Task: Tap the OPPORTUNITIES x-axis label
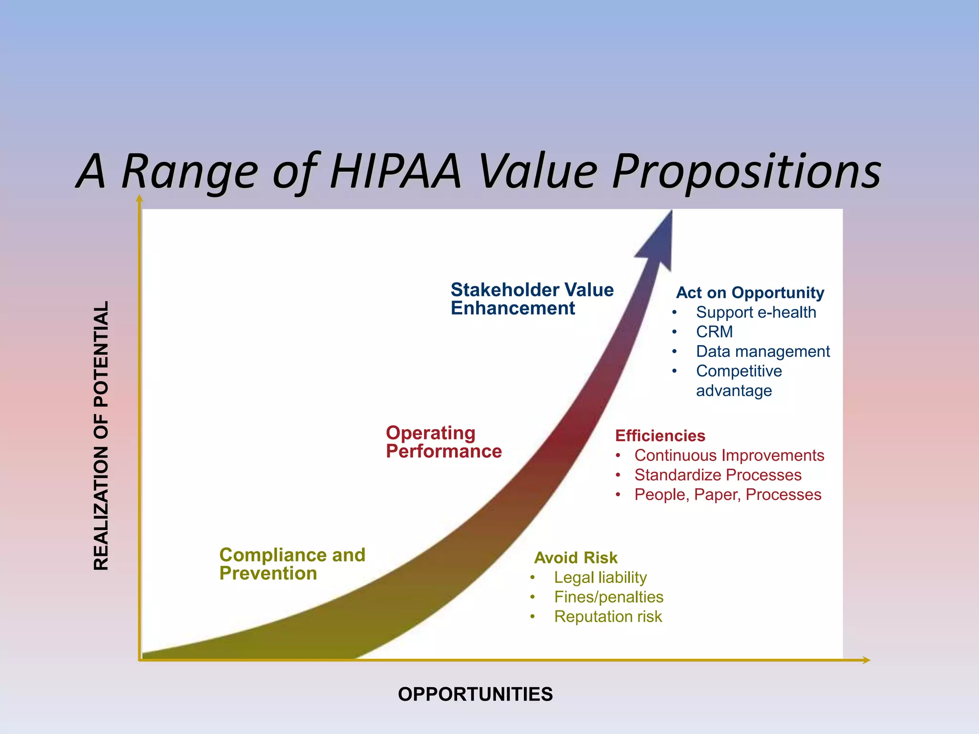click(475, 694)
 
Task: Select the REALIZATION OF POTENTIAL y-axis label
click(101, 435)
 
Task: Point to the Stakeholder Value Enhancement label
click(532, 299)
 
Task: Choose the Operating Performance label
click(443, 442)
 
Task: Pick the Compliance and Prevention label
click(292, 564)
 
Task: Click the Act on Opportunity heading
click(750, 292)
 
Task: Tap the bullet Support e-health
click(755, 312)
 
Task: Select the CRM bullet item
click(714, 332)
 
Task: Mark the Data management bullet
click(762, 351)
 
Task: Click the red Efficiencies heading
click(660, 436)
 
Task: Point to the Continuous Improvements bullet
click(729, 455)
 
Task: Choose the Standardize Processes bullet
click(718, 475)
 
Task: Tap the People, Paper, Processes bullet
click(727, 495)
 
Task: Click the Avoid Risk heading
click(576, 558)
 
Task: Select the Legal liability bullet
click(600, 577)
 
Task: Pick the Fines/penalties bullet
click(608, 597)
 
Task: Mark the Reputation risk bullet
click(608, 616)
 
